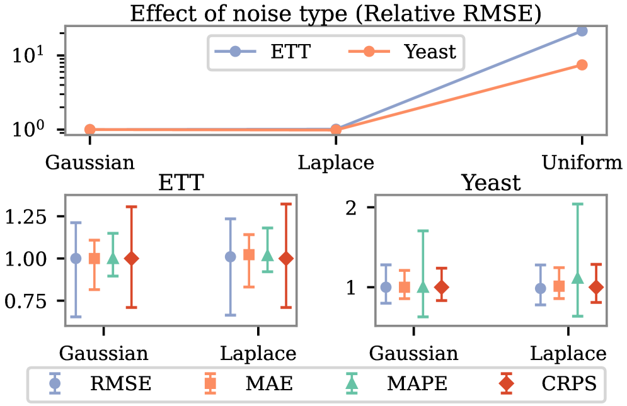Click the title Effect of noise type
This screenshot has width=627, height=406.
336,13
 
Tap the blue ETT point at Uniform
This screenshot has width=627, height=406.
582,31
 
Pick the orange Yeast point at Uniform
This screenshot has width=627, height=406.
582,65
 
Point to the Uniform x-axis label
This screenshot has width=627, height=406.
582,163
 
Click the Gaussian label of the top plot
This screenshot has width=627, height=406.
90,163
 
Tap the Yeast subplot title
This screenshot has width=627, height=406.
491,183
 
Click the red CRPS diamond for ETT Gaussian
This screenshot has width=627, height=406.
132,258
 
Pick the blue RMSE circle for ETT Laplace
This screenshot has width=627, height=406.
231,256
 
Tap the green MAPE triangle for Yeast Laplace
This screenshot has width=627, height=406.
577,278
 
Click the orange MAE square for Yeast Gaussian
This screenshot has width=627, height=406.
405,287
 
